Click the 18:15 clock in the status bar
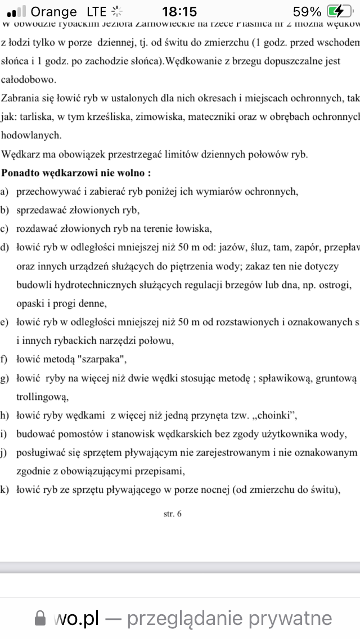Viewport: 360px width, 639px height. point(179,11)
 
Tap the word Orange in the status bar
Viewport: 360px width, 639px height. point(54,11)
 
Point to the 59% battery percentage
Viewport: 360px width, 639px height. point(307,11)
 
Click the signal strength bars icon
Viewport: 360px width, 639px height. point(17,11)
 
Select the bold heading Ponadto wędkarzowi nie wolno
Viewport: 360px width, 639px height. point(76,173)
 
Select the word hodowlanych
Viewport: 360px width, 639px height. point(31,135)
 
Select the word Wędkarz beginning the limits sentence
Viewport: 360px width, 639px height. point(20,154)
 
